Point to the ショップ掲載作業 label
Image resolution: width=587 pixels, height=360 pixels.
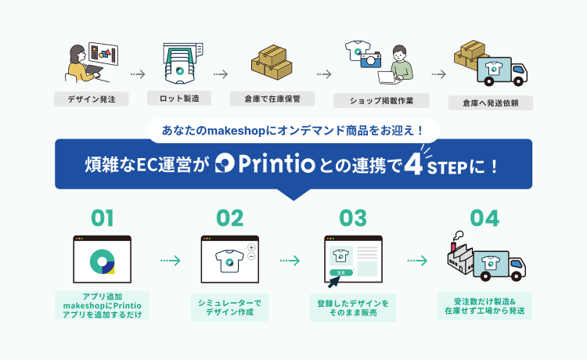pos(380,100)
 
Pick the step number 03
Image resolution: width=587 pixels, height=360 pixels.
pos(353,218)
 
